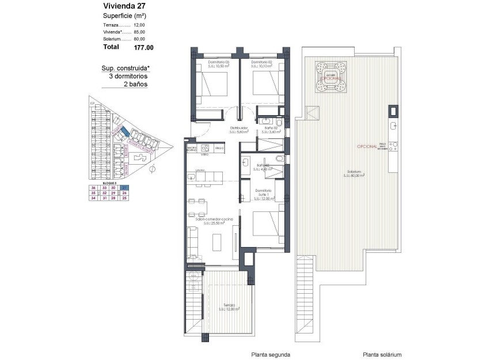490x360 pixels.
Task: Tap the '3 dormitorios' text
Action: point(126,76)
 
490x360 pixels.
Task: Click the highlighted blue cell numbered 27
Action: point(125,188)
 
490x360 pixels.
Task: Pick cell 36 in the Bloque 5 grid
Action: point(93,188)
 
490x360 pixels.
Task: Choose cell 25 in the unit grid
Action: point(125,198)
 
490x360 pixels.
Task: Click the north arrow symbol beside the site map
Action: point(153,169)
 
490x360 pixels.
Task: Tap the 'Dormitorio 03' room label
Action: point(219,62)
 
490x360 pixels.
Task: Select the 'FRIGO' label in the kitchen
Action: point(219,148)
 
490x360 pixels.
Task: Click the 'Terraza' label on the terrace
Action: point(229,305)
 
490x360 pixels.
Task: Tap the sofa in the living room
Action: point(192,241)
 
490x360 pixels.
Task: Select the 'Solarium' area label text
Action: point(354,172)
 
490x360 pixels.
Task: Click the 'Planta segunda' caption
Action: point(270,355)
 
